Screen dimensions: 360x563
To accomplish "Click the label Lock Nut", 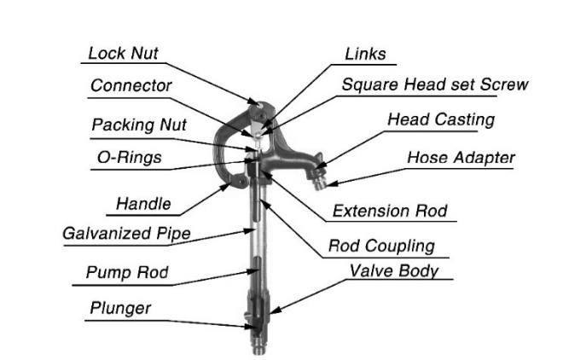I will pos(124,54).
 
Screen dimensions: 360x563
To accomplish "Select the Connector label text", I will pos(131,85).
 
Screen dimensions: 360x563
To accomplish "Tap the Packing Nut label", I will pos(138,125).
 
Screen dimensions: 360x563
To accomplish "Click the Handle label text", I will pos(143,204).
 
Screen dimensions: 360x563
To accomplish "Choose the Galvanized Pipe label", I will pos(126,234).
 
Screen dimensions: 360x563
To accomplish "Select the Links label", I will pos(365,54).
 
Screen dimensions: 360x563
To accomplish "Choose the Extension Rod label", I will pos(390,211).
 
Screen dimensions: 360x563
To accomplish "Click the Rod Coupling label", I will pos(381,246).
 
